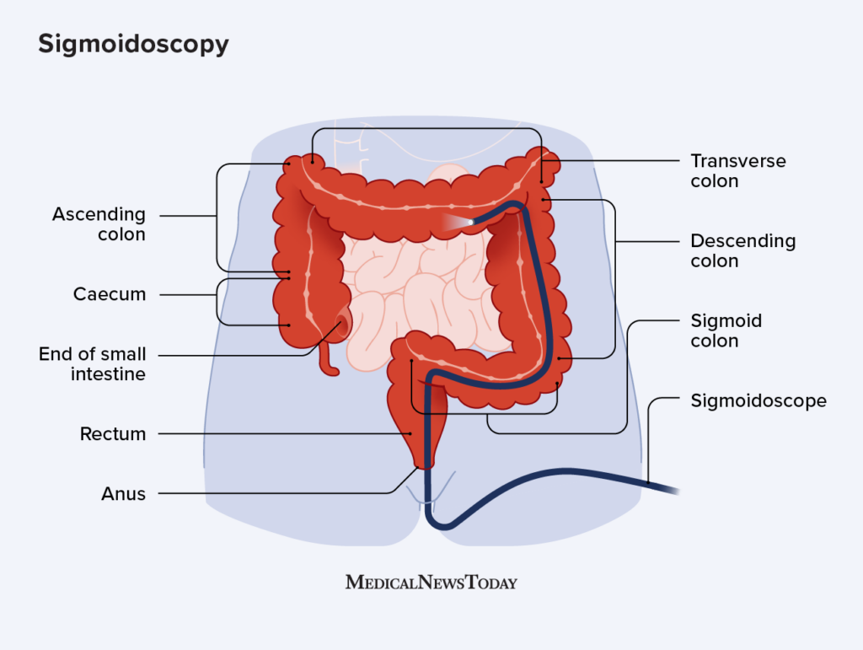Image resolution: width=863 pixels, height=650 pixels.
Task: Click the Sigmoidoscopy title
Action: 133,44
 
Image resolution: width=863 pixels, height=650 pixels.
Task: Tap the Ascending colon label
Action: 99,224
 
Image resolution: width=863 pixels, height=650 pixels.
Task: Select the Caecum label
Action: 110,294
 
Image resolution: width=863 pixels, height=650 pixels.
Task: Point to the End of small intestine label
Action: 92,363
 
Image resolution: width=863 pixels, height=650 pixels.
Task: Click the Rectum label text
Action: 113,434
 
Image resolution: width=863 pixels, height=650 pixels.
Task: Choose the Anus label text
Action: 123,494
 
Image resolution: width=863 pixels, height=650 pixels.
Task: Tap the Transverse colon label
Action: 738,170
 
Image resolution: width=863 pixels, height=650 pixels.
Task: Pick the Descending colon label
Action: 742,250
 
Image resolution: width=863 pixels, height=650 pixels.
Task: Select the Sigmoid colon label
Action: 726,330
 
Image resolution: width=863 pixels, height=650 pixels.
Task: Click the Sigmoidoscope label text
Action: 758,400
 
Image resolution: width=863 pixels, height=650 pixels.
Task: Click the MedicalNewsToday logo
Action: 431,582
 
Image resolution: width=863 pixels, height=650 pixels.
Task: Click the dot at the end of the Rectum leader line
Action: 412,433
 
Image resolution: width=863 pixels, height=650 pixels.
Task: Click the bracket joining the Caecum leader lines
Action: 217,302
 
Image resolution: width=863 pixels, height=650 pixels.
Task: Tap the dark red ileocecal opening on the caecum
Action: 343,324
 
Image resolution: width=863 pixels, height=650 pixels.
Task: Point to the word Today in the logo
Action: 490,582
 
